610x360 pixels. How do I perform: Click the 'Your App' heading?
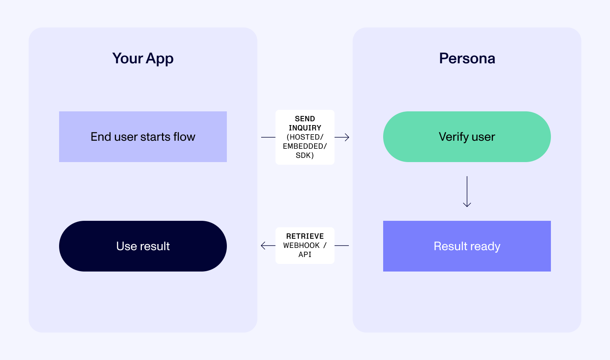point(143,58)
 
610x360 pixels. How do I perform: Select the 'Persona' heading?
point(467,58)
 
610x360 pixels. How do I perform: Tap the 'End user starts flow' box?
point(143,137)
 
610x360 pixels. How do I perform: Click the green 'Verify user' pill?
point(467,137)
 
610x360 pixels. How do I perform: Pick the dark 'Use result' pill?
point(143,246)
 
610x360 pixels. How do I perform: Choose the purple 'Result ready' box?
point(467,246)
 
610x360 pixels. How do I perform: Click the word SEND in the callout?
point(305,119)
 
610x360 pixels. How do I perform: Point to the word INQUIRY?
point(305,128)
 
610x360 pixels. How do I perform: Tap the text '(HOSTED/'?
point(305,137)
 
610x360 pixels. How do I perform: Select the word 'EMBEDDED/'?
point(305,146)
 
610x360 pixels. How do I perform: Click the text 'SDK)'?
point(305,155)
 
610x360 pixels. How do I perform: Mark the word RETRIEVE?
point(305,236)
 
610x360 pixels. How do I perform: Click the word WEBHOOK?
point(302,245)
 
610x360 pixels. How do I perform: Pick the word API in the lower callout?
point(305,254)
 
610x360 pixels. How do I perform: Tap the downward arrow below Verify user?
point(467,204)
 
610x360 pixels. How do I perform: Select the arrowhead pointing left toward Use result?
point(263,246)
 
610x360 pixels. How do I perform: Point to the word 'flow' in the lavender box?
point(184,137)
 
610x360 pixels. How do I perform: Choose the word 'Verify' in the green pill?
point(454,137)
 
